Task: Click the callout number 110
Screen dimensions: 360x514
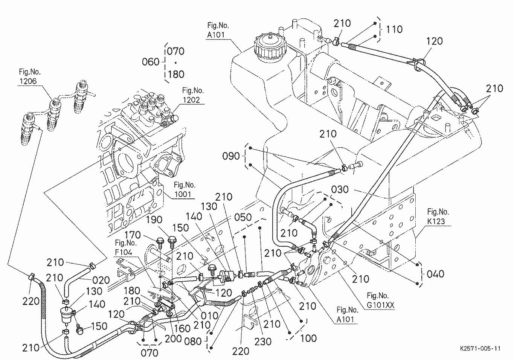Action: (x=394, y=29)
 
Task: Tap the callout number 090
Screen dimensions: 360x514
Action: (x=231, y=156)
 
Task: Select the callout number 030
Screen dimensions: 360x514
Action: (x=340, y=189)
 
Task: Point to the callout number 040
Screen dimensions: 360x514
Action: (x=435, y=274)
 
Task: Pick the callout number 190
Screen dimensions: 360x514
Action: (x=154, y=220)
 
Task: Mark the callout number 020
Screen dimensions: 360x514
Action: (x=101, y=280)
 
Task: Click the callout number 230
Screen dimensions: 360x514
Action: (x=263, y=341)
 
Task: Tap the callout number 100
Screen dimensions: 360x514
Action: (x=308, y=338)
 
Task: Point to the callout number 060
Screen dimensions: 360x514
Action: (x=151, y=62)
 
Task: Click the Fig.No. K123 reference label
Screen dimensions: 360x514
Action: (x=438, y=217)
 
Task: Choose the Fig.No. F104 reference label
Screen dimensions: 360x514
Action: (x=124, y=247)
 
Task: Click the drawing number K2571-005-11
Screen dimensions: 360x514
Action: (x=480, y=349)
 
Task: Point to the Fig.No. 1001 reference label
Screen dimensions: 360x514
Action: (x=185, y=190)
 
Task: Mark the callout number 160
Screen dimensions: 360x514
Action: (x=182, y=328)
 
